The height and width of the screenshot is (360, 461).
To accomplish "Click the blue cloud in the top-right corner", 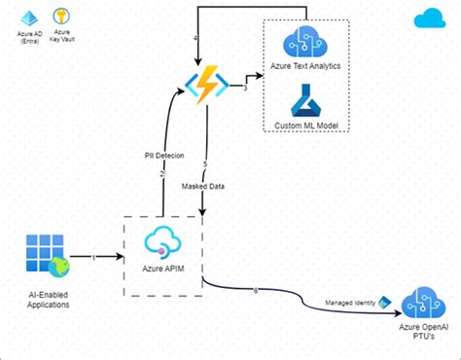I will pos(428,18).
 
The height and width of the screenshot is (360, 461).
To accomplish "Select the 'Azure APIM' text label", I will pos(162,266).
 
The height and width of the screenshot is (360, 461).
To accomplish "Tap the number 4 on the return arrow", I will pos(196,38).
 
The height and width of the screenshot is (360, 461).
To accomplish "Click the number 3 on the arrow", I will pos(245,89).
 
